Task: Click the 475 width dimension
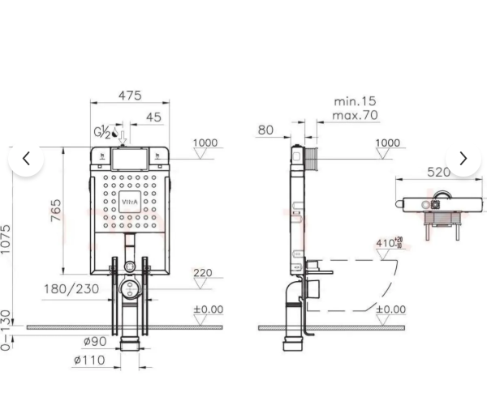pos(130,96)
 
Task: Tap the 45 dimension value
pos(153,117)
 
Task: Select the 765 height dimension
pos(56,211)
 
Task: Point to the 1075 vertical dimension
pos(6,239)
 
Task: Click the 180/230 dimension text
pos(71,289)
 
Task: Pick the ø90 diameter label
pos(95,341)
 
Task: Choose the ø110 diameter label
pos(89,360)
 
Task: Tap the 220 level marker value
pos(203,273)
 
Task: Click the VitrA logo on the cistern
pos(130,203)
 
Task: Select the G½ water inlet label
pos(102,132)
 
